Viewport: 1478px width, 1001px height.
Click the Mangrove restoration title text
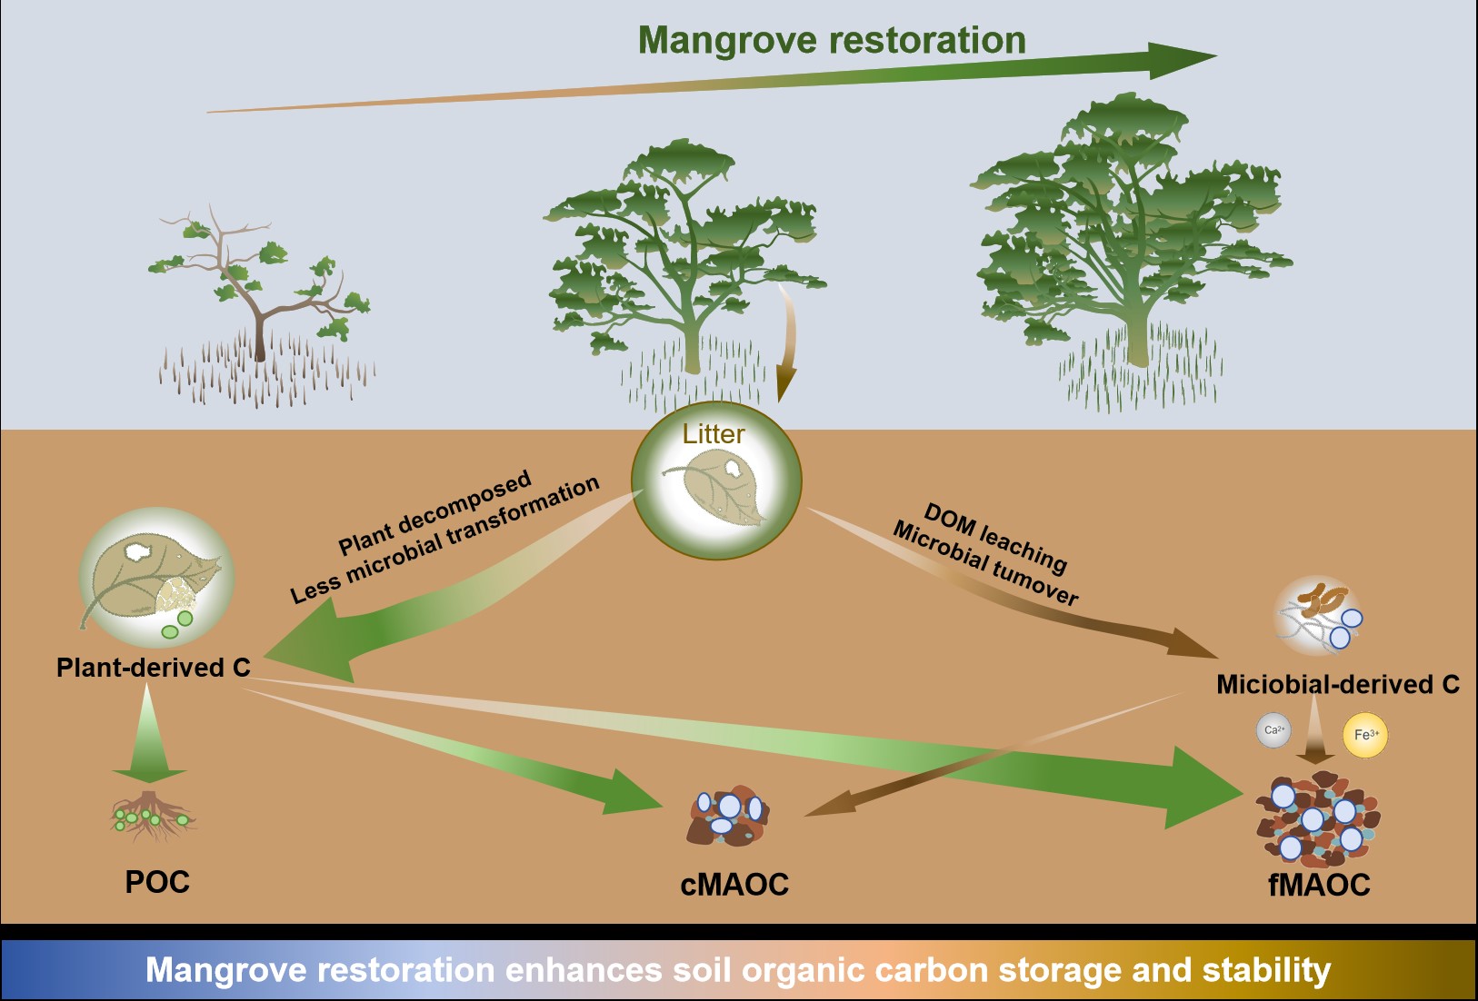click(x=832, y=41)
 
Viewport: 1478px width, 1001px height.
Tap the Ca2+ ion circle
click(x=1273, y=730)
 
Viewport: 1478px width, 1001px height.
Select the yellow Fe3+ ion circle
click(x=1365, y=735)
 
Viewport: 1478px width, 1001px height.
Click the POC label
click(x=157, y=882)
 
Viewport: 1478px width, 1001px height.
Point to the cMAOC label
click(x=734, y=885)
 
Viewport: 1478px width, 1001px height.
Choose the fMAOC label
click(x=1319, y=885)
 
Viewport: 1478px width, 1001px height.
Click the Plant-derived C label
click(x=153, y=668)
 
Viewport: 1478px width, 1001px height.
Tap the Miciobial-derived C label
click(x=1337, y=684)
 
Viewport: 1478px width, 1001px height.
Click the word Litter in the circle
click(x=714, y=434)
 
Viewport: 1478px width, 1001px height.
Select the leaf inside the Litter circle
click(x=716, y=491)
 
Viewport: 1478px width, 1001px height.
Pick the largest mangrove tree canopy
click(x=1132, y=218)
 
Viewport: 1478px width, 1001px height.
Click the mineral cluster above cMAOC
click(x=728, y=815)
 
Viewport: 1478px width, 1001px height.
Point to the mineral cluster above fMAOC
click(x=1317, y=818)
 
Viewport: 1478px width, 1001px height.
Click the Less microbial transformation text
click(x=445, y=540)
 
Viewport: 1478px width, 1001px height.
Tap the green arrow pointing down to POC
click(x=149, y=736)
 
